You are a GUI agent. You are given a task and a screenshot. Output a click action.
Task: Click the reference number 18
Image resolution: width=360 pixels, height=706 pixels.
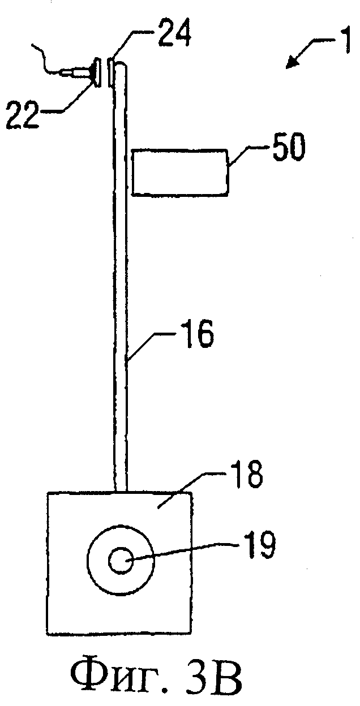[245, 477]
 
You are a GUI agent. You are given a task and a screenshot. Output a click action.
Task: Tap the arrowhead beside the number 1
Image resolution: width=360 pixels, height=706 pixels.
[292, 63]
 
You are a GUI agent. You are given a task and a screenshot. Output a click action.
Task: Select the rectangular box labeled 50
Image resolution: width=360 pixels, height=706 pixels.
[180, 173]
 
